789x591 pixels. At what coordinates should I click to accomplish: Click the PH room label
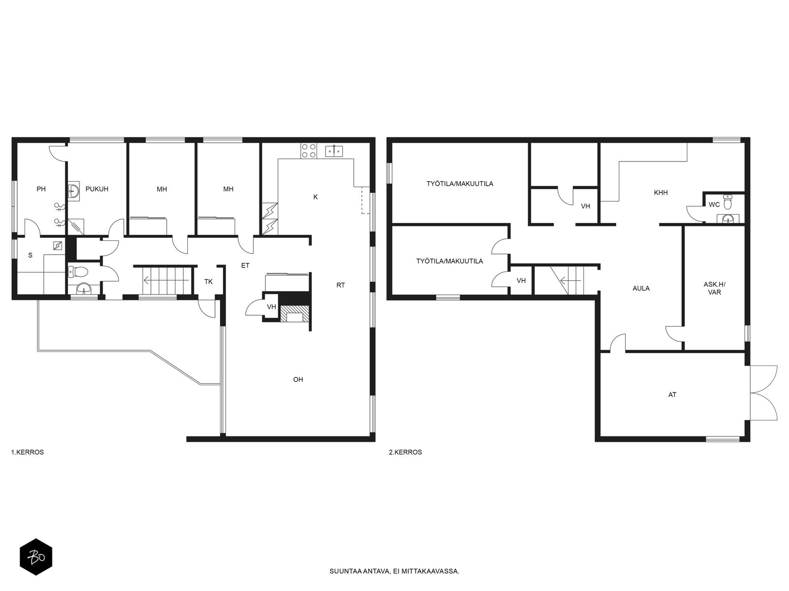click(41, 189)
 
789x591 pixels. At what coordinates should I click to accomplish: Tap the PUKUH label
click(97, 189)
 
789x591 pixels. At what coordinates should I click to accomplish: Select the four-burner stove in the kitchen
click(309, 151)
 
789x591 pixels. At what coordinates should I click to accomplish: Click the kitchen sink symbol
click(334, 151)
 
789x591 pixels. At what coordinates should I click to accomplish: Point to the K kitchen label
click(316, 197)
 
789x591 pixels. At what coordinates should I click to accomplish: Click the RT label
click(340, 285)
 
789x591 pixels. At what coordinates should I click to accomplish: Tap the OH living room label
click(298, 380)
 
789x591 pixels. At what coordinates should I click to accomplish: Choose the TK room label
click(209, 282)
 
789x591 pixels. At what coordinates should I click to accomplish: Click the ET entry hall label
click(245, 265)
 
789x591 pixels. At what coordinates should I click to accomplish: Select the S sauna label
click(30, 255)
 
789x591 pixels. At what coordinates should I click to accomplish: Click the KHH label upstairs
click(661, 193)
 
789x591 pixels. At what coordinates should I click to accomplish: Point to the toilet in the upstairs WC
click(727, 202)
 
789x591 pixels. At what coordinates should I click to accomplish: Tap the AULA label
click(641, 288)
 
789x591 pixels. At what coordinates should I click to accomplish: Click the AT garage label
click(672, 394)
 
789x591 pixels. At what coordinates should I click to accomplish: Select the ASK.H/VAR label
click(714, 289)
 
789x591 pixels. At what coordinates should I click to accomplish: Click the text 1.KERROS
click(28, 452)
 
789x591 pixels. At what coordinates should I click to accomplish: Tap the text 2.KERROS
click(405, 452)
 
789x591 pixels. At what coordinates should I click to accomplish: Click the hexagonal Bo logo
click(36, 558)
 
